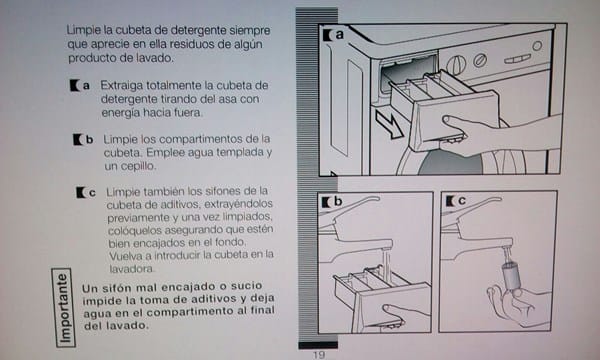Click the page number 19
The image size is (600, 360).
[319, 355]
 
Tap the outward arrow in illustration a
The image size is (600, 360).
[388, 124]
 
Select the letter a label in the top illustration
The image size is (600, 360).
[339, 34]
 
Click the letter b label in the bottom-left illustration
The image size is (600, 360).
[338, 201]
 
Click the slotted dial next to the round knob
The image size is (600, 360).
[480, 60]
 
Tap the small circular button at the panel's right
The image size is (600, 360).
[537, 46]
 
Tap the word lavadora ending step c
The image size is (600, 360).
[132, 269]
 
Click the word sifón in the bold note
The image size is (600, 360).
[116, 288]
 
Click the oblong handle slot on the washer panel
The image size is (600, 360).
[517, 59]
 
